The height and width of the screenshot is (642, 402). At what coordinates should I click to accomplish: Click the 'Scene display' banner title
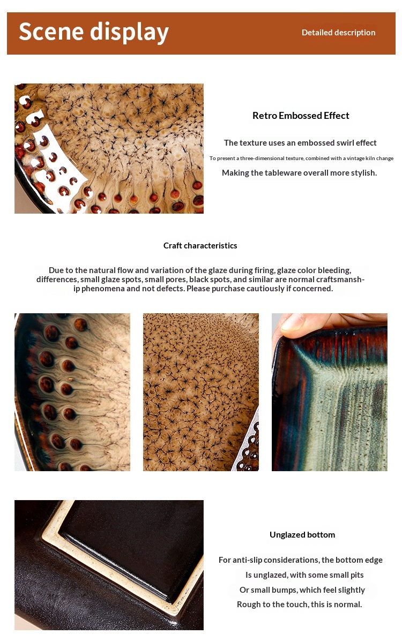94,32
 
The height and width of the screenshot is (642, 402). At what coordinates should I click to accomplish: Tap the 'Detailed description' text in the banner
338,32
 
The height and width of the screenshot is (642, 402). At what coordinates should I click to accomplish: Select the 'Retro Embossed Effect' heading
301,116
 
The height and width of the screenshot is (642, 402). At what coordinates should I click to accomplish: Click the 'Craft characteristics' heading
200,245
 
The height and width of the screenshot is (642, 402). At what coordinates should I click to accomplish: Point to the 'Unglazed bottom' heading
302,534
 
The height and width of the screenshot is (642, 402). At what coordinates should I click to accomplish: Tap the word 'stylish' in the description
362,173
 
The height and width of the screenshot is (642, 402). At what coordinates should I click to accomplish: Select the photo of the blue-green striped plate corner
330,392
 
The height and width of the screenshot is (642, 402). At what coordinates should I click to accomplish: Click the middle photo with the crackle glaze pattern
201,392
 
